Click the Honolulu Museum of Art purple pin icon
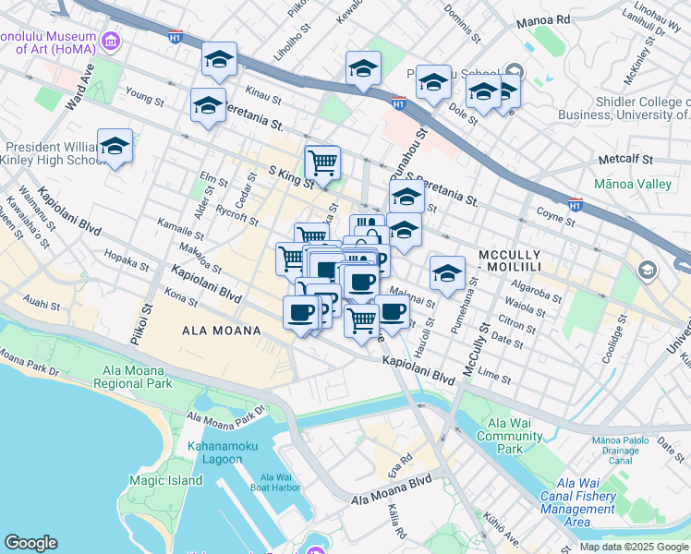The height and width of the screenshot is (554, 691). pos(111,41)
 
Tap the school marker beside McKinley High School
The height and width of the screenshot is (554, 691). pos(115,147)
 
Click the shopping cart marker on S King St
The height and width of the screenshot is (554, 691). pos(322,163)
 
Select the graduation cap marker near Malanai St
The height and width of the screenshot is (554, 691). pos(447,273)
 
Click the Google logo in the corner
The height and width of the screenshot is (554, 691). pos(31,542)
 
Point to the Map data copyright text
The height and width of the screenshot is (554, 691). pos(633,547)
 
